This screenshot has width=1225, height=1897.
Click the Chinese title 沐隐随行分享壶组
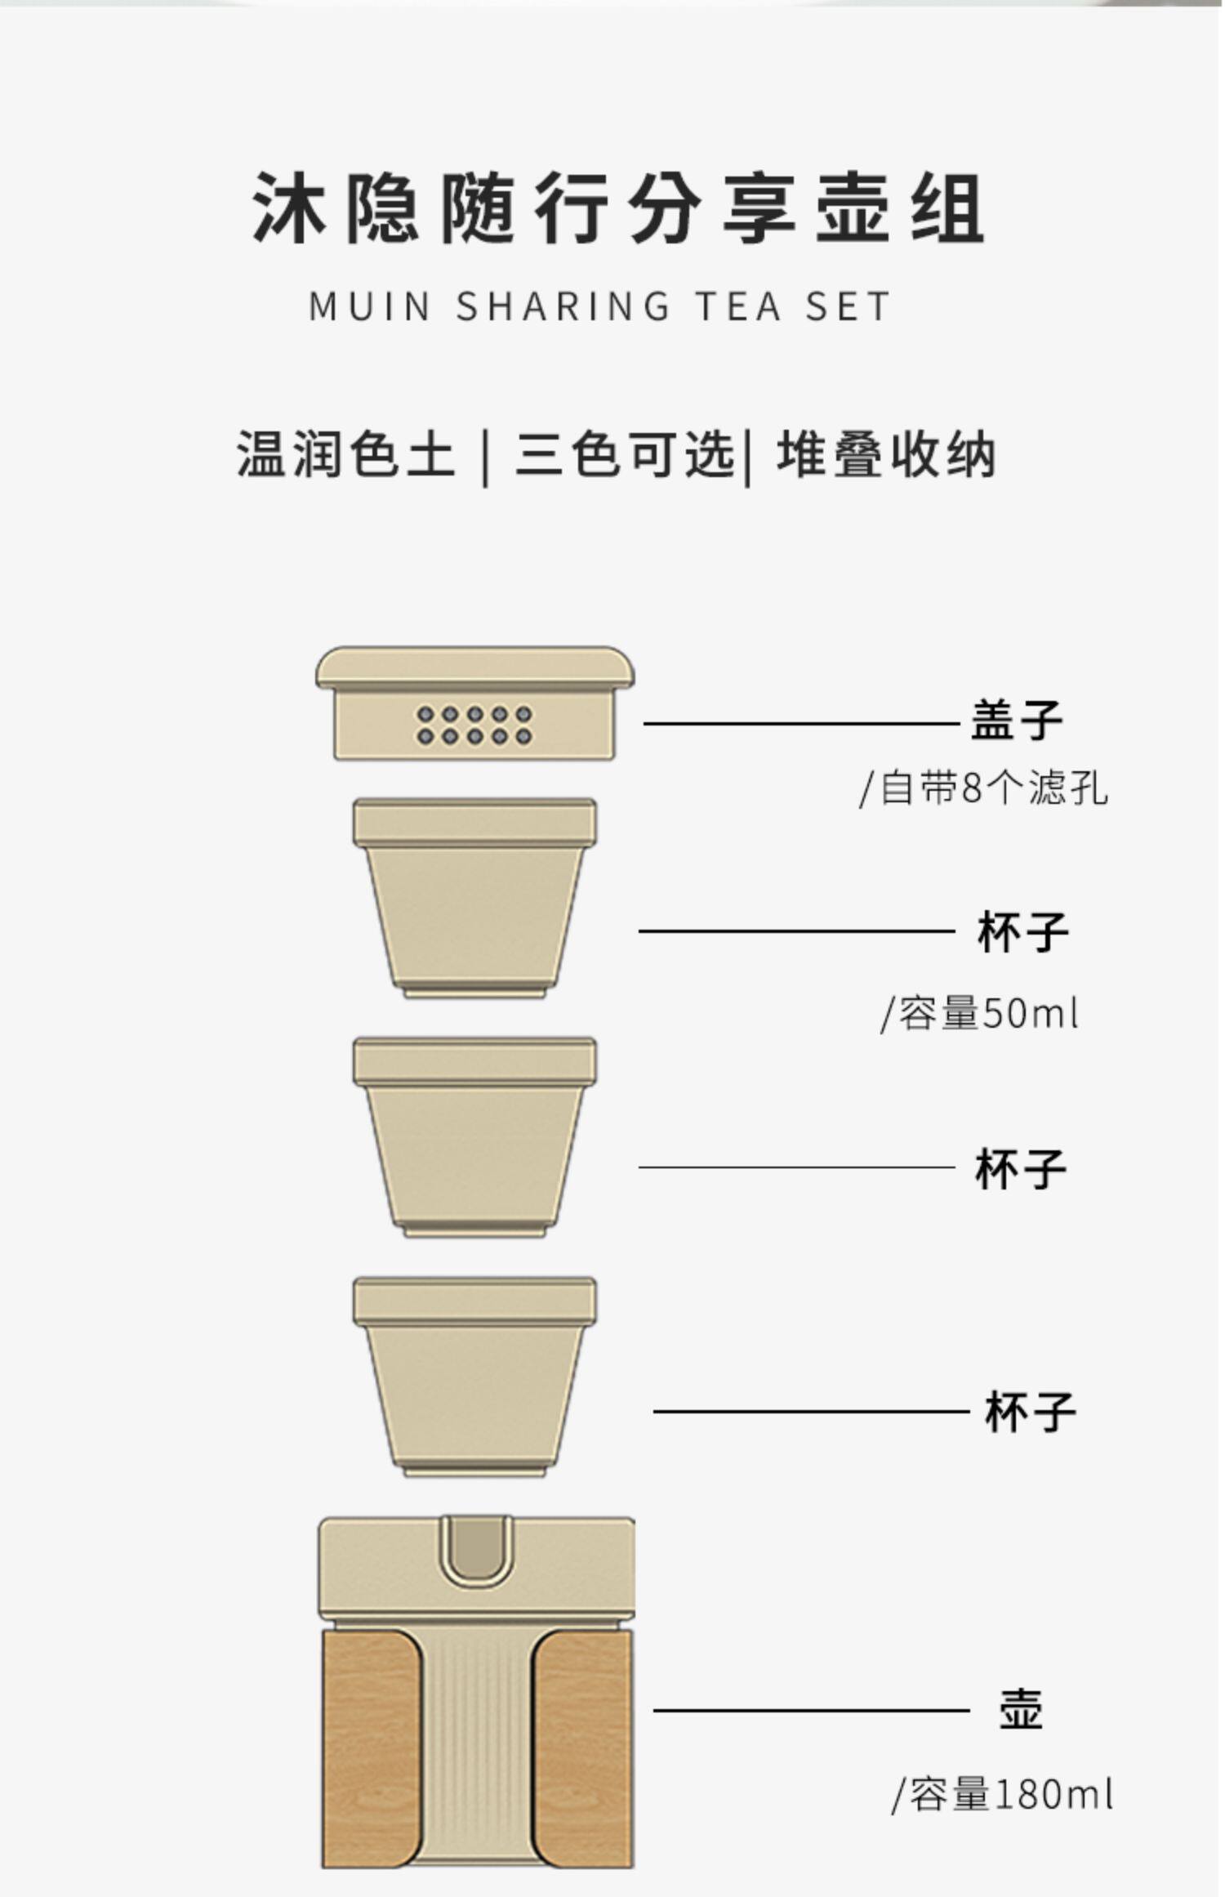click(618, 208)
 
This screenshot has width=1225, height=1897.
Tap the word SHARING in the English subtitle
click(563, 307)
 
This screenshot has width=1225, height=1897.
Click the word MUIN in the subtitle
click(370, 307)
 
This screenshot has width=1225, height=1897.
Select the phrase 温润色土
click(345, 454)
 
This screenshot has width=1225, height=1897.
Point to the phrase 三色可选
click(625, 454)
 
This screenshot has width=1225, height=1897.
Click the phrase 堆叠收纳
click(886, 454)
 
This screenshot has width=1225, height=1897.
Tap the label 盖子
click(1017, 720)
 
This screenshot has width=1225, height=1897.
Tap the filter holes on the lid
click(474, 725)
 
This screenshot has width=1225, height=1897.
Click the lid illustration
click(475, 703)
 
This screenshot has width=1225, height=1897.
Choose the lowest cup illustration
click(475, 1377)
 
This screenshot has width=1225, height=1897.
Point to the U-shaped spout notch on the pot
click(476, 1551)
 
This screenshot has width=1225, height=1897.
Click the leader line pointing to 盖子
click(801, 723)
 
